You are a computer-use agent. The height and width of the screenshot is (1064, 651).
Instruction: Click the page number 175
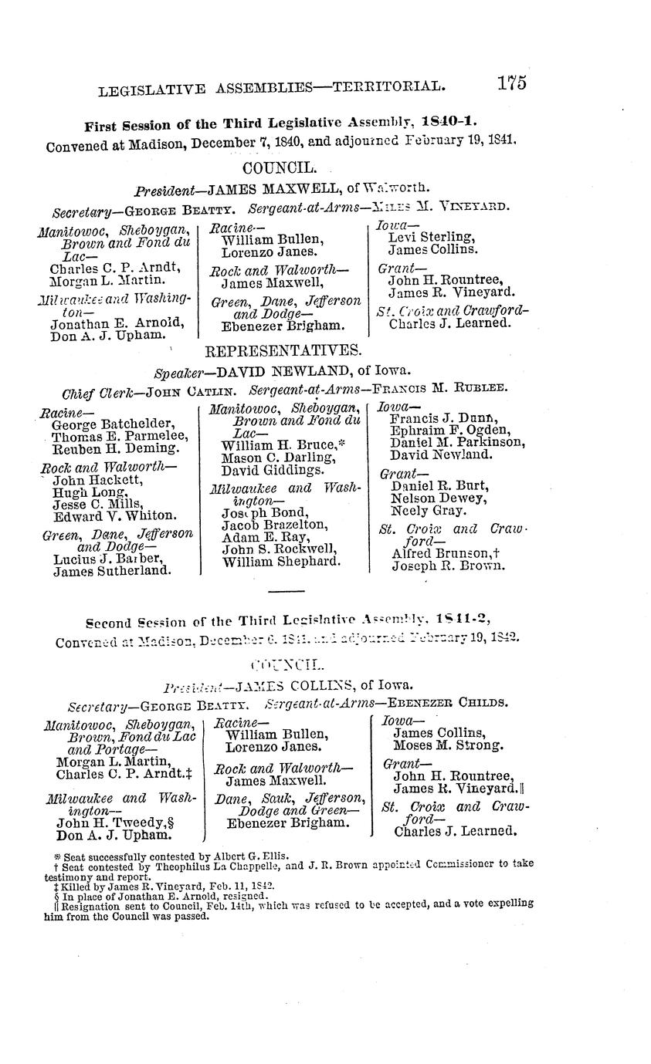point(511,83)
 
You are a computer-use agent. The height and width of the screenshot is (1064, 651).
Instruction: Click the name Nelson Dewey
point(428,498)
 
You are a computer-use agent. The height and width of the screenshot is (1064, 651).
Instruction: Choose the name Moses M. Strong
point(448,745)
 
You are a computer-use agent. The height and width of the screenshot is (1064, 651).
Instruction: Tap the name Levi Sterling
point(431,237)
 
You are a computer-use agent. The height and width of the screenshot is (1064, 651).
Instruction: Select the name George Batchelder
point(113,424)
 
